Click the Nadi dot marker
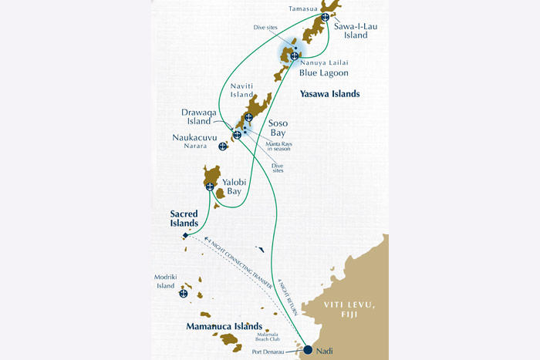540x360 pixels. pyautogui.click(x=308, y=350)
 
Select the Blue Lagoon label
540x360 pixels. pyautogui.click(x=324, y=73)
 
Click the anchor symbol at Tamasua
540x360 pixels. pyautogui.click(x=325, y=17)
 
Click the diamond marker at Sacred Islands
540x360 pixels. pyautogui.click(x=185, y=236)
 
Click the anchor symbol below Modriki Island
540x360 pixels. pyautogui.click(x=184, y=293)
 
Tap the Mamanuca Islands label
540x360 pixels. pyautogui.click(x=222, y=327)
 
